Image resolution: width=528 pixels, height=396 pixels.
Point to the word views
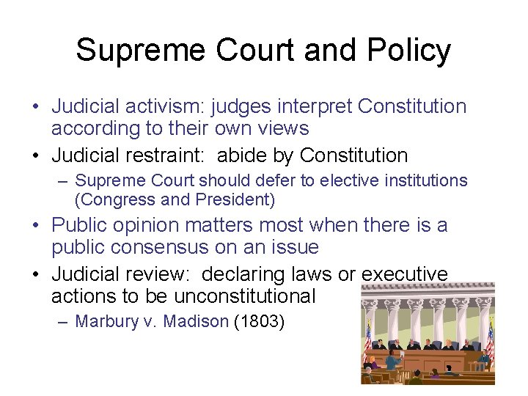[x=282, y=128]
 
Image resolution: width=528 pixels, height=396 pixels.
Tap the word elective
[x=344, y=180]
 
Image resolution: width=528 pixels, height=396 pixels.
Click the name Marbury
[x=105, y=321]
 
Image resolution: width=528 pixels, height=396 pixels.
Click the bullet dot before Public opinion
[x=36, y=225]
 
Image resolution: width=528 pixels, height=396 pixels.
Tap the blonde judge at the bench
[x=449, y=343]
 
